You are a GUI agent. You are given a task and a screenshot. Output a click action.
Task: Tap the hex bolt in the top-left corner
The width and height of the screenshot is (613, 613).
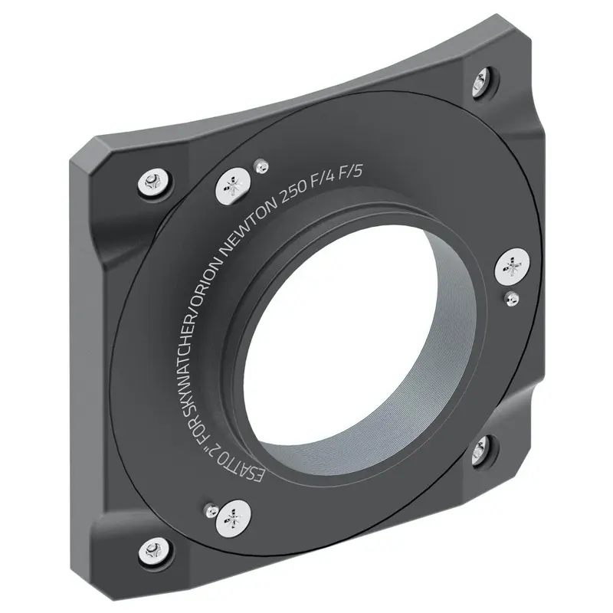(149, 182)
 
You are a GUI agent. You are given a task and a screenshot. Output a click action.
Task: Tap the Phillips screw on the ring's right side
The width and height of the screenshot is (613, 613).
(513, 267)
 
